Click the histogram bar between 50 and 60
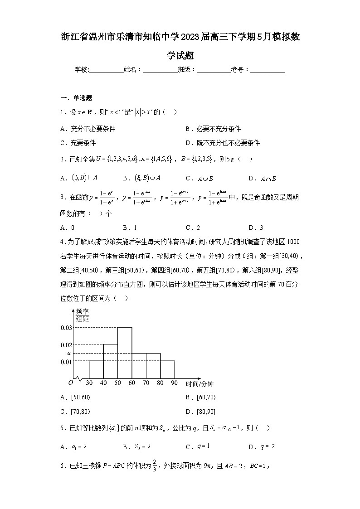coord(125,353)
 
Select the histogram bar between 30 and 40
coord(96,369)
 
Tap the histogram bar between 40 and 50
coord(110,361)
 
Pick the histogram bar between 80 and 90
coord(167,369)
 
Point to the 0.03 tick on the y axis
coord(66,328)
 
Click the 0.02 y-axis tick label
coord(66,345)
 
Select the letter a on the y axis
coord(69,353)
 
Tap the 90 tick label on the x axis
coord(175,383)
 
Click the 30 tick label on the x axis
coord(89,383)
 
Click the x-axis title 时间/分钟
coord(199,384)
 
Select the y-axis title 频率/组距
coord(82,315)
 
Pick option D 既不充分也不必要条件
coord(223,143)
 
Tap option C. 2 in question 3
coord(193,228)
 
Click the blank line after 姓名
coord(160,70)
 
